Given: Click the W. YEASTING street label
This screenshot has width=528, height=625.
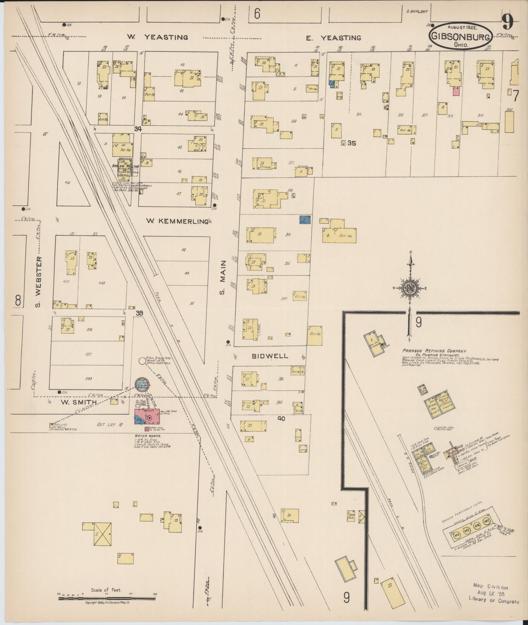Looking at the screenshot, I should (x=157, y=37).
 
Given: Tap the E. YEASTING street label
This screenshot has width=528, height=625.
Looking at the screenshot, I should (x=333, y=38).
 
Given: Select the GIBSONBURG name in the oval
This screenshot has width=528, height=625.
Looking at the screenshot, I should (x=460, y=36).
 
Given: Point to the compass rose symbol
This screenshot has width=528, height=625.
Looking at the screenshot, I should (x=410, y=288).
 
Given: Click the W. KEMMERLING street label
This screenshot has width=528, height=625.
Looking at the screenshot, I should (x=177, y=221).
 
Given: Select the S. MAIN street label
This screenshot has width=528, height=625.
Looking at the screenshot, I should (x=223, y=277).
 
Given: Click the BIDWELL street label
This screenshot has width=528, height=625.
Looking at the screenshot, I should (x=270, y=356).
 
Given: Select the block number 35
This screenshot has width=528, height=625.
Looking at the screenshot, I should (x=352, y=143).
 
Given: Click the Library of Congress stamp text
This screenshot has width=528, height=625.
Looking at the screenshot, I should (x=494, y=602).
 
